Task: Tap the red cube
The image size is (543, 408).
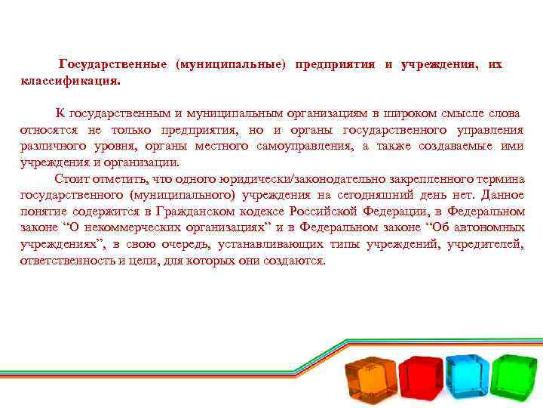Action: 421,377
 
